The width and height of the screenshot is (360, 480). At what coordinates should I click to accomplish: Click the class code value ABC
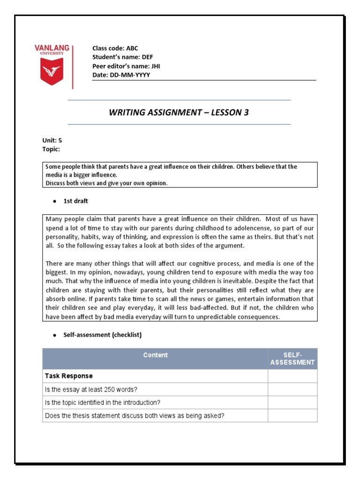pos(132,48)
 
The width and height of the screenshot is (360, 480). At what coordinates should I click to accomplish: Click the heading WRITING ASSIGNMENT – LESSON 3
pos(179,112)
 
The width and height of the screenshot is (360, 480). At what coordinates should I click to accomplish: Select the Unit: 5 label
pos(52,140)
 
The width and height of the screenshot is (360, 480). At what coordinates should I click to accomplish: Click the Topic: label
pos(51,149)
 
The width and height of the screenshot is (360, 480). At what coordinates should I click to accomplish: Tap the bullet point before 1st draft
pos(54,201)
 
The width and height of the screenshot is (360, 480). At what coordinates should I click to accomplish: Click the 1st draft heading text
pos(75,201)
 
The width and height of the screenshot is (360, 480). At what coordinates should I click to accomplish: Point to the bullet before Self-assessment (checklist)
pos(54,335)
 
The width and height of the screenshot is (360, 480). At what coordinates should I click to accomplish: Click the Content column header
pos(155,355)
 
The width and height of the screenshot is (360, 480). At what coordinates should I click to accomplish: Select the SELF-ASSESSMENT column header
pos(292,359)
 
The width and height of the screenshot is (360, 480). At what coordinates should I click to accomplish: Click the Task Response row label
pos(68,376)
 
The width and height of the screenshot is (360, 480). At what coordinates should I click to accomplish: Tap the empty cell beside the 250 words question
pos(292,389)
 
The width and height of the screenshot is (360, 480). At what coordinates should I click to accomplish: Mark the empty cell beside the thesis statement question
pos(292,415)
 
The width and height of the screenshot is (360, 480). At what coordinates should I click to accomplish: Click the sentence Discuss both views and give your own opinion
pos(106,183)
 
